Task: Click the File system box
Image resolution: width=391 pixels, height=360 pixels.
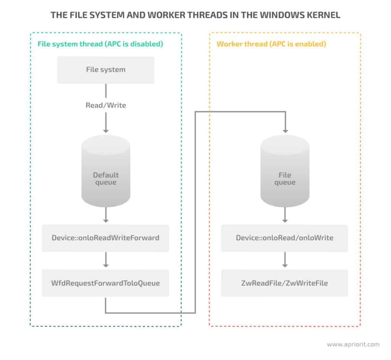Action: pos(106,70)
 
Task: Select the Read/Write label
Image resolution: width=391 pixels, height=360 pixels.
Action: pos(106,105)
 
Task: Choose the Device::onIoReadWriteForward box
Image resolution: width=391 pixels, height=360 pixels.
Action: pos(106,238)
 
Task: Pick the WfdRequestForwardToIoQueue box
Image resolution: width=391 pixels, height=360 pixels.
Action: pos(106,283)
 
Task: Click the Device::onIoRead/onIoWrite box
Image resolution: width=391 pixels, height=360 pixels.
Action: pos(284,238)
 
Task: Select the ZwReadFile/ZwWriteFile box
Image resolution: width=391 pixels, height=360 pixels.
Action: pos(284,283)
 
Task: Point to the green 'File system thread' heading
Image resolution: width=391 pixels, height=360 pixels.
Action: pos(100,44)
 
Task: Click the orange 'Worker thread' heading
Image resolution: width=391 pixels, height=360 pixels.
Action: pos(271,44)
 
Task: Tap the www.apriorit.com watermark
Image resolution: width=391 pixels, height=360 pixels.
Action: pos(353,344)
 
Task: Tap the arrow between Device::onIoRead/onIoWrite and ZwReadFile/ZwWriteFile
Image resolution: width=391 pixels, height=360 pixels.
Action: pos(284,261)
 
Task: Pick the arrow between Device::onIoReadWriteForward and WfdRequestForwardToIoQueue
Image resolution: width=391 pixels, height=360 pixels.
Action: pos(106,261)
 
